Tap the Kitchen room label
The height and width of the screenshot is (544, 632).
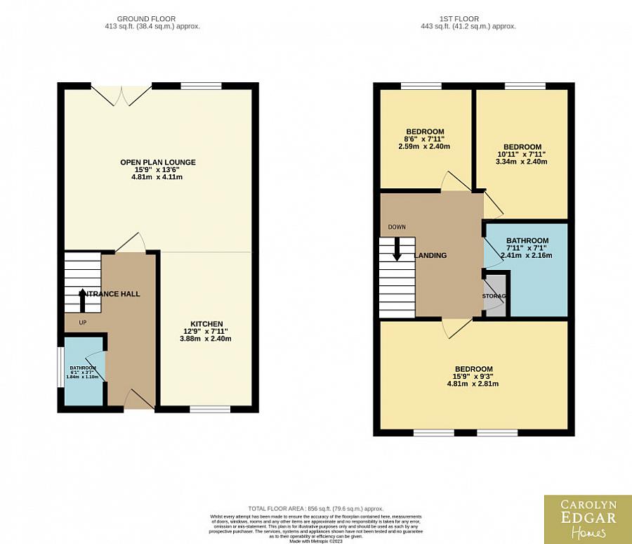[x=206, y=331]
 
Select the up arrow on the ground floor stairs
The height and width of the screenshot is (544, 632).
[x=83, y=299]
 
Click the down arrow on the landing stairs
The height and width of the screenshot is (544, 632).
[x=397, y=250]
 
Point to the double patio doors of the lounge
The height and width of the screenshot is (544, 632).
[x=121, y=96]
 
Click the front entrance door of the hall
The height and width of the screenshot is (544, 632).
[x=138, y=401]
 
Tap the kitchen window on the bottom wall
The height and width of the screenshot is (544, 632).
[x=210, y=408]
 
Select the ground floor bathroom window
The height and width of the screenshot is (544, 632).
[x=60, y=365]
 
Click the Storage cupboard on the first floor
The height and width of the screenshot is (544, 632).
[x=494, y=296]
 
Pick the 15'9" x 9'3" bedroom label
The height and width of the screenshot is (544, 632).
[x=473, y=376]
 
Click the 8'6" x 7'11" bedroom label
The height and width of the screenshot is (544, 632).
[x=425, y=138]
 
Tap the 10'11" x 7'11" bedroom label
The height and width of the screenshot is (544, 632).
[x=522, y=154]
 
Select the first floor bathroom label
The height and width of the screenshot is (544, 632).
[x=527, y=247]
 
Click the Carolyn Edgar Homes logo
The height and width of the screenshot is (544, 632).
[x=587, y=519]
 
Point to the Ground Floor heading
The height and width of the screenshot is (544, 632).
[x=147, y=22]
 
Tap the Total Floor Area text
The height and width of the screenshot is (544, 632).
[x=315, y=508]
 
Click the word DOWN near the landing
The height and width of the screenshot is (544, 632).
[x=397, y=227]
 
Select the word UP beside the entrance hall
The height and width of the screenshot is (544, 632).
[x=82, y=323]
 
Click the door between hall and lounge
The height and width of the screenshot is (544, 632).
[x=131, y=244]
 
